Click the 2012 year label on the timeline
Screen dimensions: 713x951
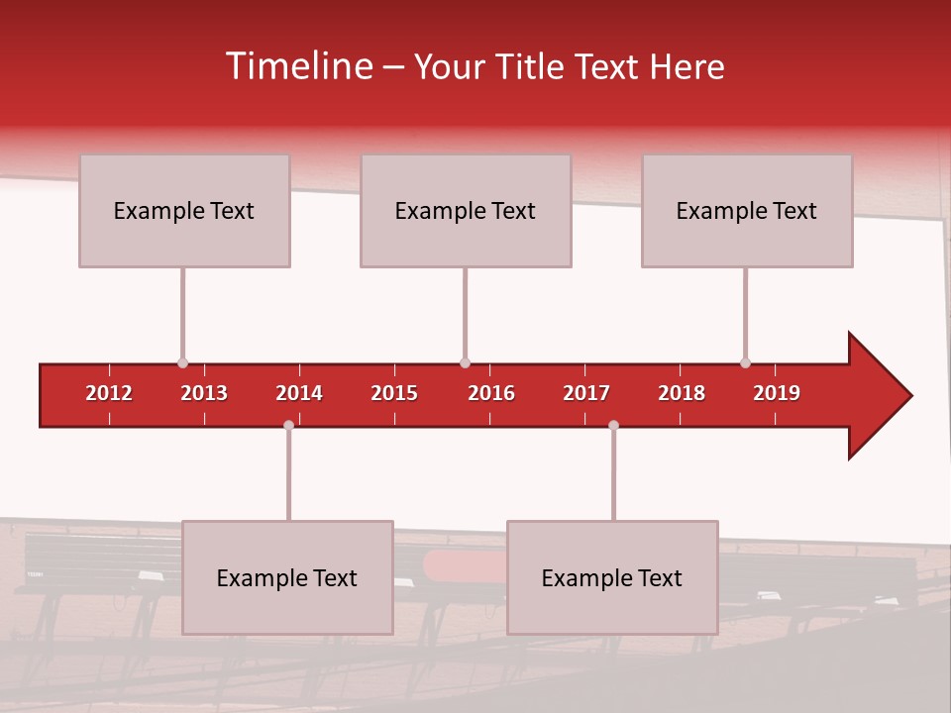[109, 393]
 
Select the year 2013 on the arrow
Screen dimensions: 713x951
[204, 393]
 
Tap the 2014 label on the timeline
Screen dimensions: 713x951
[299, 393]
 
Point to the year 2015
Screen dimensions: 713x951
[394, 393]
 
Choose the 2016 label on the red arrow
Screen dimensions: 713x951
[491, 393]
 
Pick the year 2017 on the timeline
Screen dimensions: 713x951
[586, 393]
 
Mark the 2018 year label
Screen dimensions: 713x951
[682, 393]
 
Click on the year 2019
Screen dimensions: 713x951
[777, 393]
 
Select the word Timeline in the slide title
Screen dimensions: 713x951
[298, 66]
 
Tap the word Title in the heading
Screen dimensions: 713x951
[531, 66]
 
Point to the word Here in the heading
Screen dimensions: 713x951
[687, 66]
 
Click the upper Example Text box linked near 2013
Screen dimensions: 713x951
[184, 210]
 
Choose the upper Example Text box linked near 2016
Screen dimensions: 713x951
[466, 210]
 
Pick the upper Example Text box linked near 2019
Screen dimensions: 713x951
[747, 210]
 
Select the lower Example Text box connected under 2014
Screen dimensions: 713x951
[287, 577]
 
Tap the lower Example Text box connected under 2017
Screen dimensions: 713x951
[612, 577]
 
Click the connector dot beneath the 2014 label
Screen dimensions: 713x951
[288, 425]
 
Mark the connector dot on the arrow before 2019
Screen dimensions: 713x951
[745, 362]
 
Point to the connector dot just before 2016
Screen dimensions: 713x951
[465, 362]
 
